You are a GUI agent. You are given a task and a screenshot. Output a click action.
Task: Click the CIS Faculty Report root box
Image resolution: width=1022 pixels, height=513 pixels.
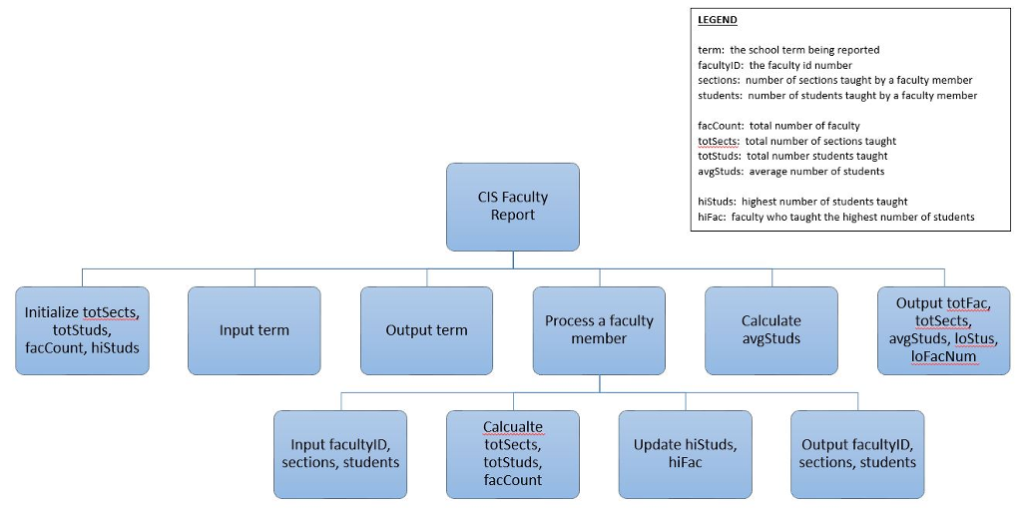[512, 207]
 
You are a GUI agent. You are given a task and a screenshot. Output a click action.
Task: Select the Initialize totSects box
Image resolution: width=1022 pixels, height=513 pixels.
[82, 330]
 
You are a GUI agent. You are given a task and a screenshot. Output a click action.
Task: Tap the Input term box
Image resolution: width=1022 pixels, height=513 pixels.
[255, 330]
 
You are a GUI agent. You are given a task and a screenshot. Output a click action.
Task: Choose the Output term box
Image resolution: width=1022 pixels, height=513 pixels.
[426, 330]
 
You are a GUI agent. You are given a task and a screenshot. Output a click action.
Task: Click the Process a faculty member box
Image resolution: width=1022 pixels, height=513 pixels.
[599, 330]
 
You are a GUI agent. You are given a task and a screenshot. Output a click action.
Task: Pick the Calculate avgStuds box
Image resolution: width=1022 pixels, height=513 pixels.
[770, 330]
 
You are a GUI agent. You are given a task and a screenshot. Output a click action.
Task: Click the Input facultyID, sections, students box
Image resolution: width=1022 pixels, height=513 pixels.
[340, 454]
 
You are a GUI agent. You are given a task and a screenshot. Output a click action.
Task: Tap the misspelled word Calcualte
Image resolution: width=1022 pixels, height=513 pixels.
[513, 427]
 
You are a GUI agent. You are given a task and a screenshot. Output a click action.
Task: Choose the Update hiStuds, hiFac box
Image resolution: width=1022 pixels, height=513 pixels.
[685, 454]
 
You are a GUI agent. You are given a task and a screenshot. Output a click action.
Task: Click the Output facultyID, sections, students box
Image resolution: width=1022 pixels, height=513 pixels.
[857, 454]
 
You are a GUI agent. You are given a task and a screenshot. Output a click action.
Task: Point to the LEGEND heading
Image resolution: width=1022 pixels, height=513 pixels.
[718, 20]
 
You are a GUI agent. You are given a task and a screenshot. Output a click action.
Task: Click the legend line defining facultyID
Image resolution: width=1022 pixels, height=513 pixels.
[774, 65]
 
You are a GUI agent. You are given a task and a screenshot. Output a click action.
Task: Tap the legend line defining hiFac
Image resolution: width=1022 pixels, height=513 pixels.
[835, 217]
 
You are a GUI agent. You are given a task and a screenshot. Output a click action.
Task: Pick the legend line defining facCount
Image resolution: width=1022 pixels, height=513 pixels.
[778, 126]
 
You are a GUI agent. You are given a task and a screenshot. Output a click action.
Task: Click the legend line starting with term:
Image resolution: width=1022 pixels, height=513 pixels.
[788, 50]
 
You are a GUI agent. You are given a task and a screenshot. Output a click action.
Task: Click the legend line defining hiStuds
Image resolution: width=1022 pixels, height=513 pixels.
[802, 202]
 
